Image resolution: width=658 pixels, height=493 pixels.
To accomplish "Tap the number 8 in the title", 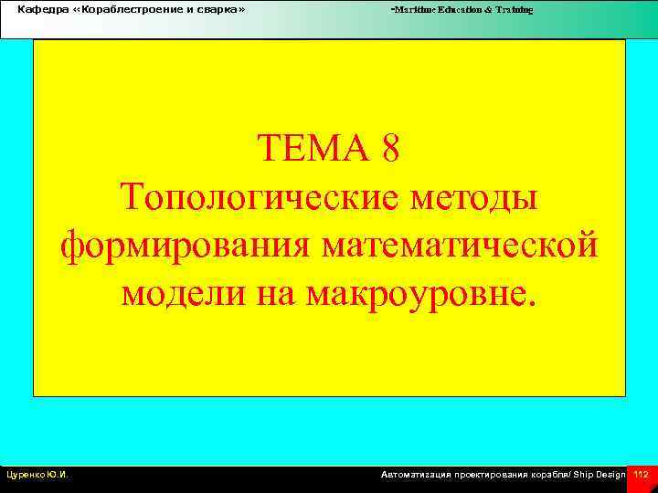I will (390, 148).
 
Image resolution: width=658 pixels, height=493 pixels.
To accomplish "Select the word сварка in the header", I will (218, 8).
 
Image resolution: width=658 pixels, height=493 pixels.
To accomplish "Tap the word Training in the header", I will (516, 9).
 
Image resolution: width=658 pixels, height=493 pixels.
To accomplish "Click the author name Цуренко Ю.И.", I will (37, 475).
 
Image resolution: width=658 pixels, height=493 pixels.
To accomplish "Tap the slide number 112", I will (641, 475).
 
